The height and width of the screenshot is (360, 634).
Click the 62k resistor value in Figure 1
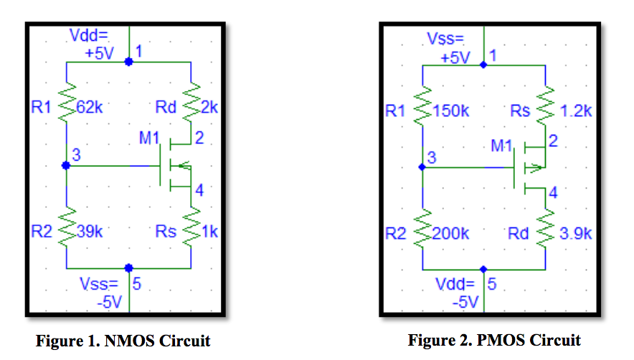pyautogui.click(x=91, y=108)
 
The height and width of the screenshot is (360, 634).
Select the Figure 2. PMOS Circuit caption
pyautogui.click(x=494, y=340)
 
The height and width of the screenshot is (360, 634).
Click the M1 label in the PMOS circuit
pyautogui.click(x=503, y=146)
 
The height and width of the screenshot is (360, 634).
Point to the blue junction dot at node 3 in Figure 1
pyautogui.click(x=66, y=165)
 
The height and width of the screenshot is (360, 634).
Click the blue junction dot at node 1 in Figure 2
pyautogui.click(x=483, y=65)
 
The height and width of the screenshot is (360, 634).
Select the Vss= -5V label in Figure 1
pyautogui.click(x=103, y=294)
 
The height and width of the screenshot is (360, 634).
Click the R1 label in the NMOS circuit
pyautogui.click(x=40, y=108)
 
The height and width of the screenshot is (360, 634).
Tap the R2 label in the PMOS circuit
pyautogui.click(x=396, y=234)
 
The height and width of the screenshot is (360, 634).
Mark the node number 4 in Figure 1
pyautogui.click(x=199, y=190)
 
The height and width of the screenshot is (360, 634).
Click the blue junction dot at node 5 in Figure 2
pyautogui.click(x=483, y=270)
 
